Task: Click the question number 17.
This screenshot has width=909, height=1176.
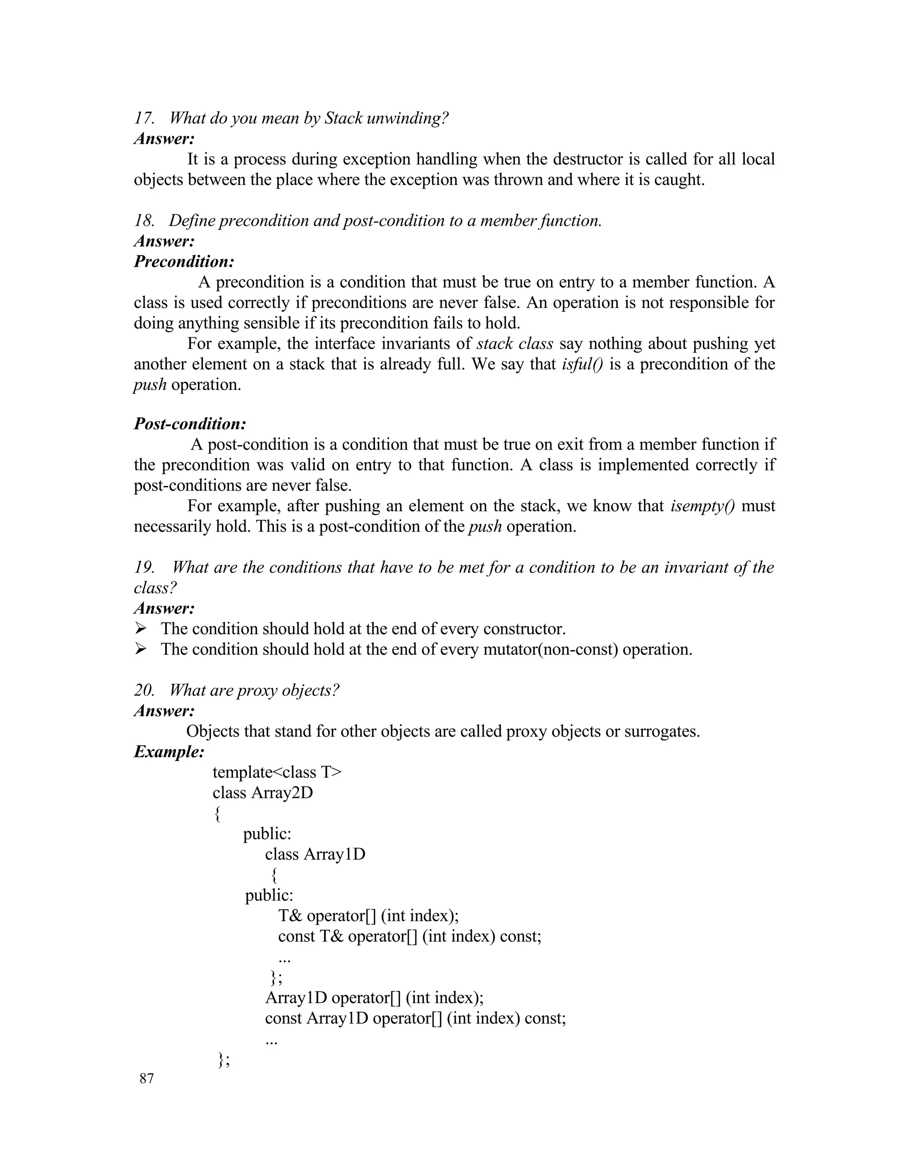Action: coord(143,118)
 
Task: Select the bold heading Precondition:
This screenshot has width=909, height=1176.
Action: coord(184,262)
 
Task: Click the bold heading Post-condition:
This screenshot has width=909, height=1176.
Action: coord(190,424)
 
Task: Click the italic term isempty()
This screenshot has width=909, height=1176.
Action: coord(702,506)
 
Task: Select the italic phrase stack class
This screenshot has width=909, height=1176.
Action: coord(515,343)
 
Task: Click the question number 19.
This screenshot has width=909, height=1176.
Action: coord(144,568)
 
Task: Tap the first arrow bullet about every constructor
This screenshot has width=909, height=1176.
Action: coord(141,629)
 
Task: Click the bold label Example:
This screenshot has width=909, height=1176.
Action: coord(169,752)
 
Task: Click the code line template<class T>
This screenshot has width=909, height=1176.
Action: coord(277,772)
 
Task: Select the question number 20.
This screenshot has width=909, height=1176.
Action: coord(144,691)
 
